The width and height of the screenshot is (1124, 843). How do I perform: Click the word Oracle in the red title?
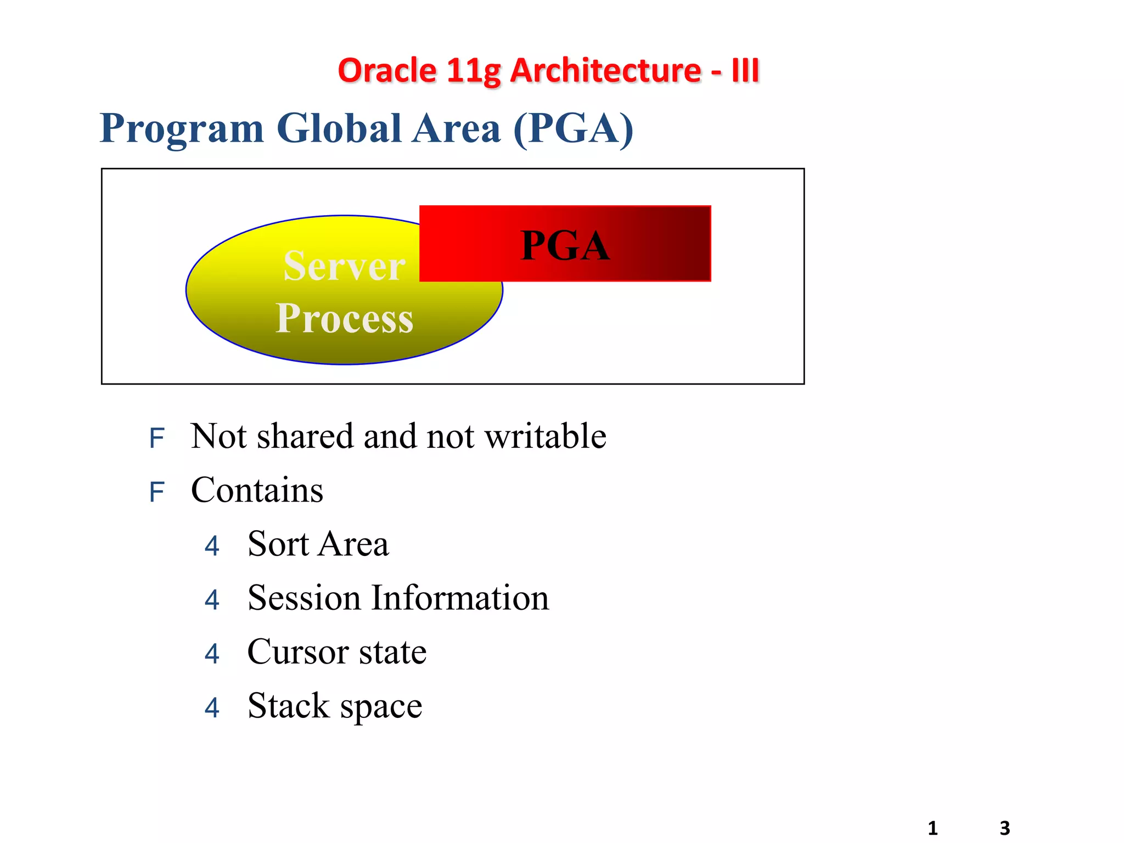387,71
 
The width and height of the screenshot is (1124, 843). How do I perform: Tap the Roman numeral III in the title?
745,71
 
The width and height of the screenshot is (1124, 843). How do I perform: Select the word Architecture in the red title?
605,71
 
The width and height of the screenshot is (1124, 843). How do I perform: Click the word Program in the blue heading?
182,128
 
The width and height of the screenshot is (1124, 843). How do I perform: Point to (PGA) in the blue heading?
574,128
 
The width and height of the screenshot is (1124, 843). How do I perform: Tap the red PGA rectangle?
565,244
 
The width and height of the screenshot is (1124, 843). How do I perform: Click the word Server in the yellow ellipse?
344,267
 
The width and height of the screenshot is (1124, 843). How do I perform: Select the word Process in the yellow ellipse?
344,318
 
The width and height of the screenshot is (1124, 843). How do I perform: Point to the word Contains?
257,490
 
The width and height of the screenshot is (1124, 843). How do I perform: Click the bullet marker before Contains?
156,492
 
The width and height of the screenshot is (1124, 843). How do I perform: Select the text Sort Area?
318,544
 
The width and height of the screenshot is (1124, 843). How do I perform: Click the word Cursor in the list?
298,652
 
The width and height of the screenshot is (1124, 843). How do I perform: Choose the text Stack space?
335,706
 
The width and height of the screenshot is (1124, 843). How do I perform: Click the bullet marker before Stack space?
212,708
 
